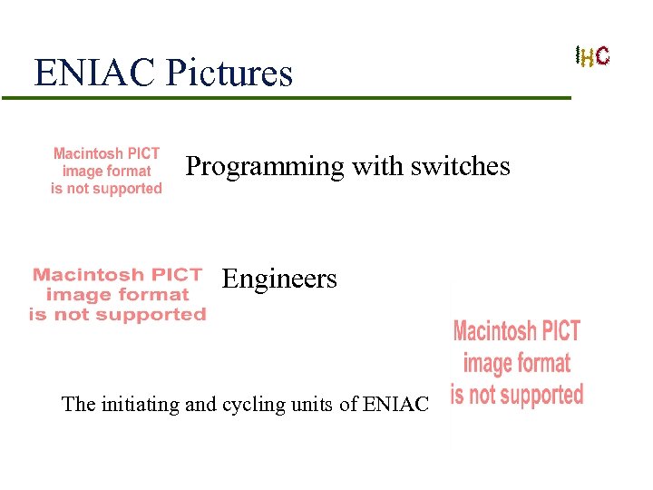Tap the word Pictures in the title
click(229, 73)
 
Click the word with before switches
click(373, 166)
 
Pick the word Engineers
click(279, 279)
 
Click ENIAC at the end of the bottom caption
click(395, 404)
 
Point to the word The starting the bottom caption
click(78, 404)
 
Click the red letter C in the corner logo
click(603, 56)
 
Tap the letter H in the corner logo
click(588, 58)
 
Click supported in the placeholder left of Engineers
click(150, 315)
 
